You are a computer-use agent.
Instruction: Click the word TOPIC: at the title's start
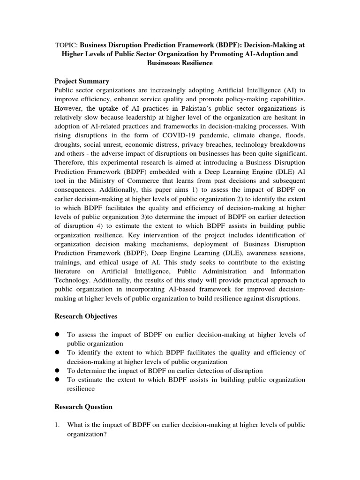click(x=66, y=45)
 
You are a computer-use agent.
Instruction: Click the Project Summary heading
click(x=82, y=81)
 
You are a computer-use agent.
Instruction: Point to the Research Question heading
click(x=83, y=406)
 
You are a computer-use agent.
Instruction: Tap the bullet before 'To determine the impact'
click(x=58, y=370)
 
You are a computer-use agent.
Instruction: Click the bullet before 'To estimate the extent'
click(x=58, y=379)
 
